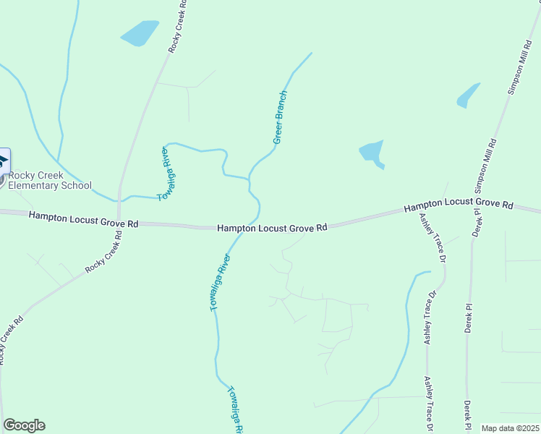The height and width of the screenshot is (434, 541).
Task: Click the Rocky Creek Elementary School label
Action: click(50, 180)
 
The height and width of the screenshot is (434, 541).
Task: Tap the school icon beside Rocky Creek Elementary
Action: click(3, 161)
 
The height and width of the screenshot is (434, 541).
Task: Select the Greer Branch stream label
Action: click(281, 116)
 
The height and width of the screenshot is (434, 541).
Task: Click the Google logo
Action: click(24, 425)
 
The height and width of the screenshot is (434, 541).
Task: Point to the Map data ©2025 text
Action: click(511, 428)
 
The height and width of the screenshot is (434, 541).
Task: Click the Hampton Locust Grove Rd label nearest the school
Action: click(84, 219)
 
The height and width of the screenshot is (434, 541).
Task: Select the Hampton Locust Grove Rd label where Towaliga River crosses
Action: click(273, 228)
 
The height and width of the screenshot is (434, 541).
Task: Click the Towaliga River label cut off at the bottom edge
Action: click(235, 409)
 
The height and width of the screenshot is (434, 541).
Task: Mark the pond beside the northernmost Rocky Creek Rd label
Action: click(140, 33)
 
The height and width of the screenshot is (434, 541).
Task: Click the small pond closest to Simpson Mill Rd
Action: click(468, 95)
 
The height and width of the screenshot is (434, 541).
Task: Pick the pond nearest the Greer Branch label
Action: click(372, 153)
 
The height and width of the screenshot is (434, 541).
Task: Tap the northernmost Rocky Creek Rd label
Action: click(178, 26)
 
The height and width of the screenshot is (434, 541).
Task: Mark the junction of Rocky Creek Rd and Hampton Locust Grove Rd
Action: click(119, 222)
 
